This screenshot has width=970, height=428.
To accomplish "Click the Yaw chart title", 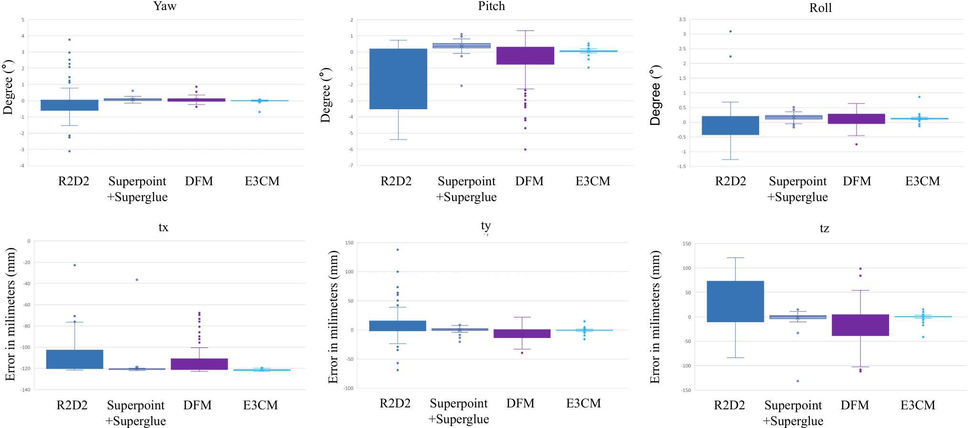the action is (x=165, y=6).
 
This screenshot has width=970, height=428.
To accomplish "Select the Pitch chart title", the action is (x=491, y=6).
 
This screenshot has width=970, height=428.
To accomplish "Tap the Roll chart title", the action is (x=820, y=8).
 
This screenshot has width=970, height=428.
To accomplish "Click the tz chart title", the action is (x=824, y=228).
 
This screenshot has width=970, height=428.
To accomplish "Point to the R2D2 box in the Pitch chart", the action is (x=398, y=79).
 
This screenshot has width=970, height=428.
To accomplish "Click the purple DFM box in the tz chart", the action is (x=860, y=325).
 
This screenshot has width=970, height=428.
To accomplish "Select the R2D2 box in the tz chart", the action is (x=735, y=302).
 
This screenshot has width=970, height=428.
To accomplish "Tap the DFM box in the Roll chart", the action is (x=856, y=119).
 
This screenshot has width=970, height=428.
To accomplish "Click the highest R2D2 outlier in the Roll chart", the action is (x=730, y=32).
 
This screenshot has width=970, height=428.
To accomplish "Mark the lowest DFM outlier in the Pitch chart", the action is (x=525, y=149).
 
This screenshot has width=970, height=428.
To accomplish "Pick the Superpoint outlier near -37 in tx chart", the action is (x=137, y=280).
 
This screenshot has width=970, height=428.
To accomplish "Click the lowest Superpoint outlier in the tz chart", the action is (x=798, y=381).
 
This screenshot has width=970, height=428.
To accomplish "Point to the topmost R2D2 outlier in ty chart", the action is (x=397, y=249).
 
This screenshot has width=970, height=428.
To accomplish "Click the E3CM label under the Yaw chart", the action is (x=262, y=181).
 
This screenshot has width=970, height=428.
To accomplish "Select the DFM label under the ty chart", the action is (x=520, y=404).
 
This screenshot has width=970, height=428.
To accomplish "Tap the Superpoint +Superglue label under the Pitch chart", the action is (x=466, y=189).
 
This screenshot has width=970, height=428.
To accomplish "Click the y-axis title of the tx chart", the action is (x=10, y=314).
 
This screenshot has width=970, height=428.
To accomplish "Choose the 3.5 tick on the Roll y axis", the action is (x=682, y=20).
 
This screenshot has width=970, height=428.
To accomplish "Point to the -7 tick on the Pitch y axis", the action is (x=351, y=165).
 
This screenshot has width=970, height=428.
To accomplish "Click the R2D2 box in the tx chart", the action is (x=75, y=359).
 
